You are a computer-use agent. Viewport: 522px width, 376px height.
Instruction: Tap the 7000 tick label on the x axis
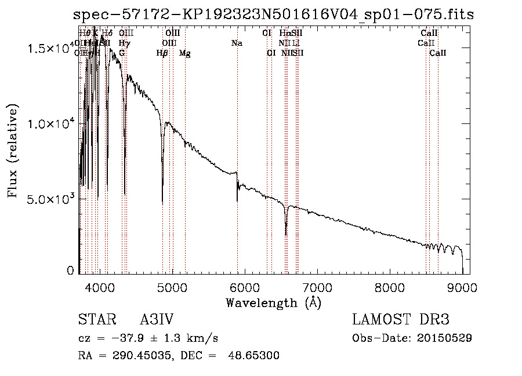(x=317, y=287)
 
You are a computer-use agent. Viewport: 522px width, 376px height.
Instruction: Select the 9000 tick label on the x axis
(x=462, y=287)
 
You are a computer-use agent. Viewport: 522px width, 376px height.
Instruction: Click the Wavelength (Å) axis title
(x=273, y=302)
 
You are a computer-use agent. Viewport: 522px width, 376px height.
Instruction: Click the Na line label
(x=237, y=43)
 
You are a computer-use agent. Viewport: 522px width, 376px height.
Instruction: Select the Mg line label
(x=184, y=53)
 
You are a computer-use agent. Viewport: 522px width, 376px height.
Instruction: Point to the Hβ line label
(x=162, y=53)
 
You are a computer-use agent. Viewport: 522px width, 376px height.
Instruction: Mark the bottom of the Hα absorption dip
(x=286, y=234)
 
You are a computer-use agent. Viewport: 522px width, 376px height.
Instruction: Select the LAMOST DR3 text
(x=401, y=320)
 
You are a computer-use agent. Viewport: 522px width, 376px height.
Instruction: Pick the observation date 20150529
(x=448, y=338)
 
